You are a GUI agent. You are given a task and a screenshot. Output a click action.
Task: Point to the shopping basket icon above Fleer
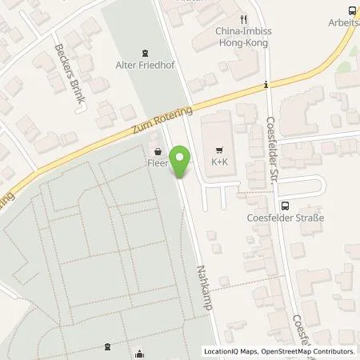coord(157,149)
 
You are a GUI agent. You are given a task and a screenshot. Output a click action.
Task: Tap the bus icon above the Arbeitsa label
coord(353,10)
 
